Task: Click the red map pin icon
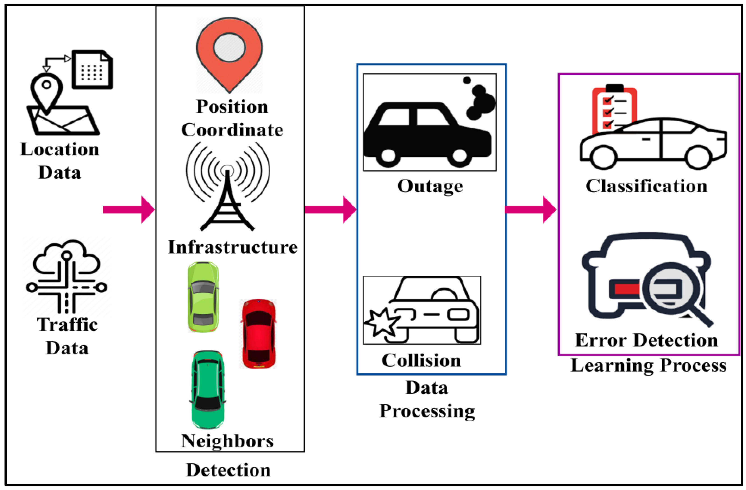coord(229,53)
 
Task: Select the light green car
coord(203,297)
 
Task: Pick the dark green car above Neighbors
coord(208,389)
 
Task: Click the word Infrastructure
coord(233,247)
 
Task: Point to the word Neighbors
coord(227,441)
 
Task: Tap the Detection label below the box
coord(228,470)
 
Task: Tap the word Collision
coord(421,360)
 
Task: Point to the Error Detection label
coord(646,340)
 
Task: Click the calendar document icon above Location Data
coord(92,70)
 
